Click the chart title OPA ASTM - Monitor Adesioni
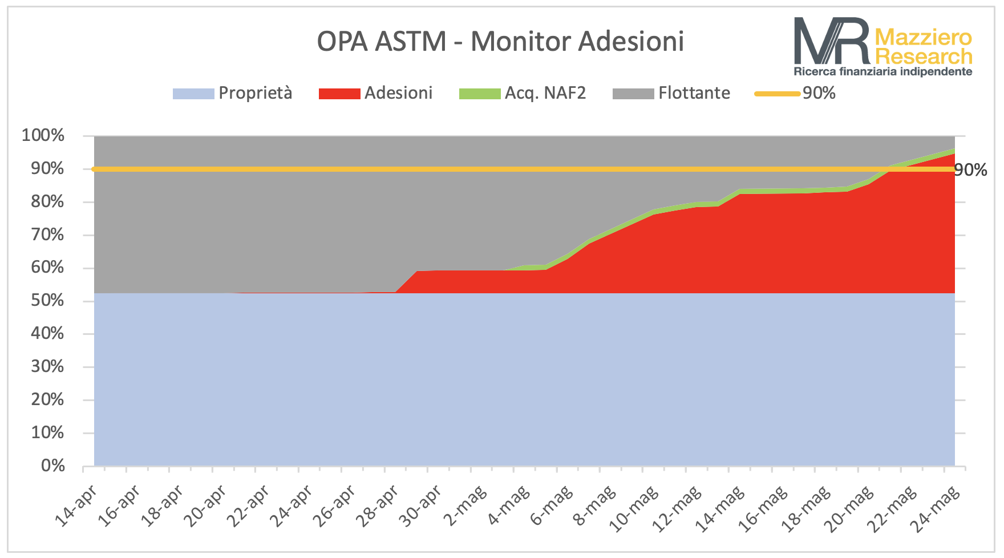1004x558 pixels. click(x=500, y=41)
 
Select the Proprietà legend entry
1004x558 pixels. click(x=232, y=93)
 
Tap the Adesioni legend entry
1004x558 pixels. click(x=375, y=93)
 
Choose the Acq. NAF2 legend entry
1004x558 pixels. click(x=523, y=93)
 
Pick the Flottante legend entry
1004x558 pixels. click(x=671, y=93)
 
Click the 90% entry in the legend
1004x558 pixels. click(x=795, y=93)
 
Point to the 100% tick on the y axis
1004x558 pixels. click(x=43, y=136)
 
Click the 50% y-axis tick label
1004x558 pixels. click(x=47, y=301)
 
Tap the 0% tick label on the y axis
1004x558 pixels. click(x=53, y=466)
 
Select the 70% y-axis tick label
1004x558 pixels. click(x=47, y=234)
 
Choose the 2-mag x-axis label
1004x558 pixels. click(x=466, y=504)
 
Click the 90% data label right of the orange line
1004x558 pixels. click(x=971, y=170)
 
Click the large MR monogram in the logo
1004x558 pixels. click(x=832, y=41)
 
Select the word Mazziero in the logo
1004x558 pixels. click(x=923, y=38)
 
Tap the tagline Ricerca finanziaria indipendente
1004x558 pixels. click(x=883, y=71)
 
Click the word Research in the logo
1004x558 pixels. click(x=924, y=56)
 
